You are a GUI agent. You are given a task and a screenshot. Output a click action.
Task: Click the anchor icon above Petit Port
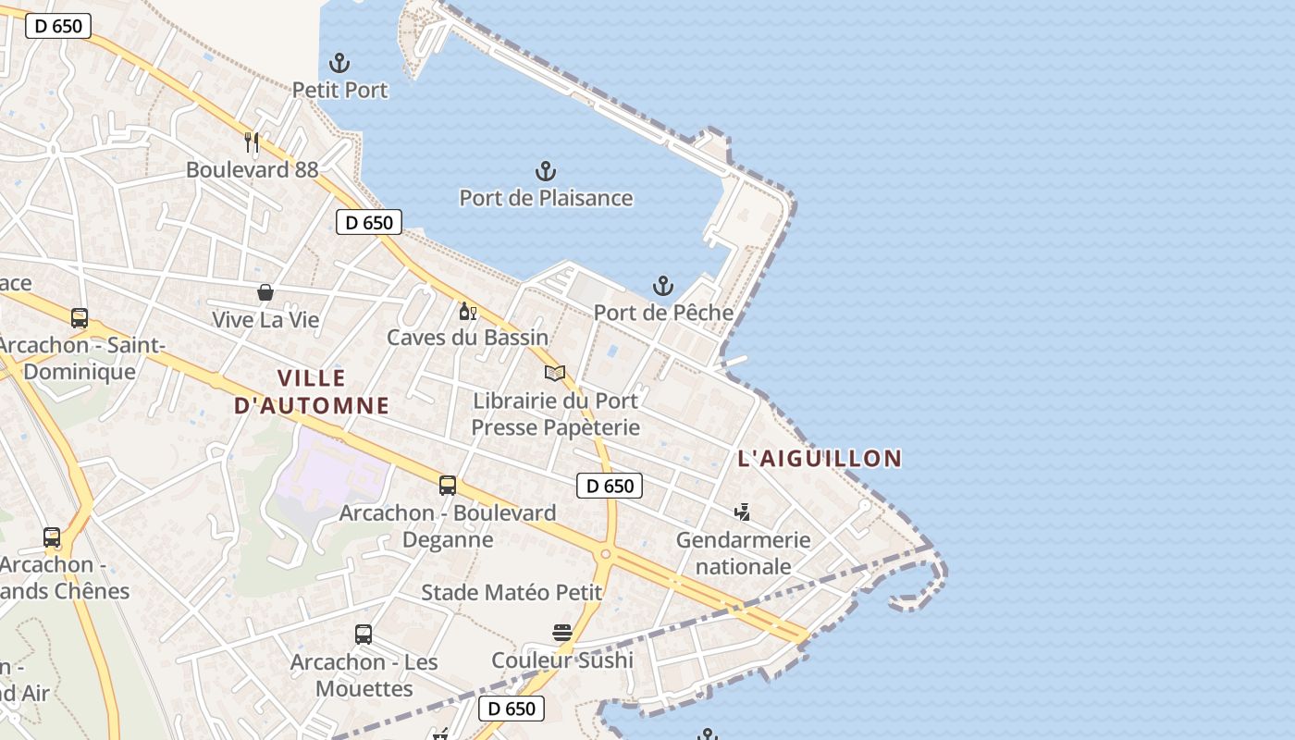tap(339, 64)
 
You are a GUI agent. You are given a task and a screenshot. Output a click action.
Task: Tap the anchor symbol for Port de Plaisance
tap(546, 171)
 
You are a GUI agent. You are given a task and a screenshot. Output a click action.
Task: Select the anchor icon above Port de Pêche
tap(662, 286)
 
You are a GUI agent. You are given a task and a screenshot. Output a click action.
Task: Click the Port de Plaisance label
tap(546, 198)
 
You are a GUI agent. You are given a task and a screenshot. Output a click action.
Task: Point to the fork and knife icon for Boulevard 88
tap(252, 142)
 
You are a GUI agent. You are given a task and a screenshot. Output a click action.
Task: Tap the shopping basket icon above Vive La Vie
tap(265, 293)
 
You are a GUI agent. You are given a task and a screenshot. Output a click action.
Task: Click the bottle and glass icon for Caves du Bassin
tap(467, 311)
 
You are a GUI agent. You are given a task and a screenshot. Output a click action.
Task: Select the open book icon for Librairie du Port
tap(555, 374)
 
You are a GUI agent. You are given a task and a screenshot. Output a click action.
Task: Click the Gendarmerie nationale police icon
tap(742, 512)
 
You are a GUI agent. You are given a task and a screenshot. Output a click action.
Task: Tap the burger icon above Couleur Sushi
tap(562, 633)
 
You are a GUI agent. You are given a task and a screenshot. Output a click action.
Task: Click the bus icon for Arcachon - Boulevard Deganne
tap(448, 486)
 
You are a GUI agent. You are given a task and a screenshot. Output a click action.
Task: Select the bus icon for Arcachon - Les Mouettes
tap(364, 635)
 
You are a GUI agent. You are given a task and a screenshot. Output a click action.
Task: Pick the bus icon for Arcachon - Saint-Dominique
tap(80, 318)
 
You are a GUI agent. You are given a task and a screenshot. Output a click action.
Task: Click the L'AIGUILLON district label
tap(820, 458)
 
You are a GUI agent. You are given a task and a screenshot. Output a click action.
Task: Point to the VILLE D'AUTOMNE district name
tap(311, 391)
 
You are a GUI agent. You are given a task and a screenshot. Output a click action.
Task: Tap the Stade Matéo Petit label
tap(512, 592)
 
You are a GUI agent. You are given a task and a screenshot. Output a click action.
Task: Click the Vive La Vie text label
tap(265, 320)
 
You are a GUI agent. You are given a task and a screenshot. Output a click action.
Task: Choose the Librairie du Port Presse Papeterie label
tap(555, 413)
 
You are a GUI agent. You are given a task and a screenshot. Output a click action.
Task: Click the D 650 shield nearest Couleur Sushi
tap(511, 709)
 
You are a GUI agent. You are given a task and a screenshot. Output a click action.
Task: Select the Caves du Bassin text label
tap(467, 338)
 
